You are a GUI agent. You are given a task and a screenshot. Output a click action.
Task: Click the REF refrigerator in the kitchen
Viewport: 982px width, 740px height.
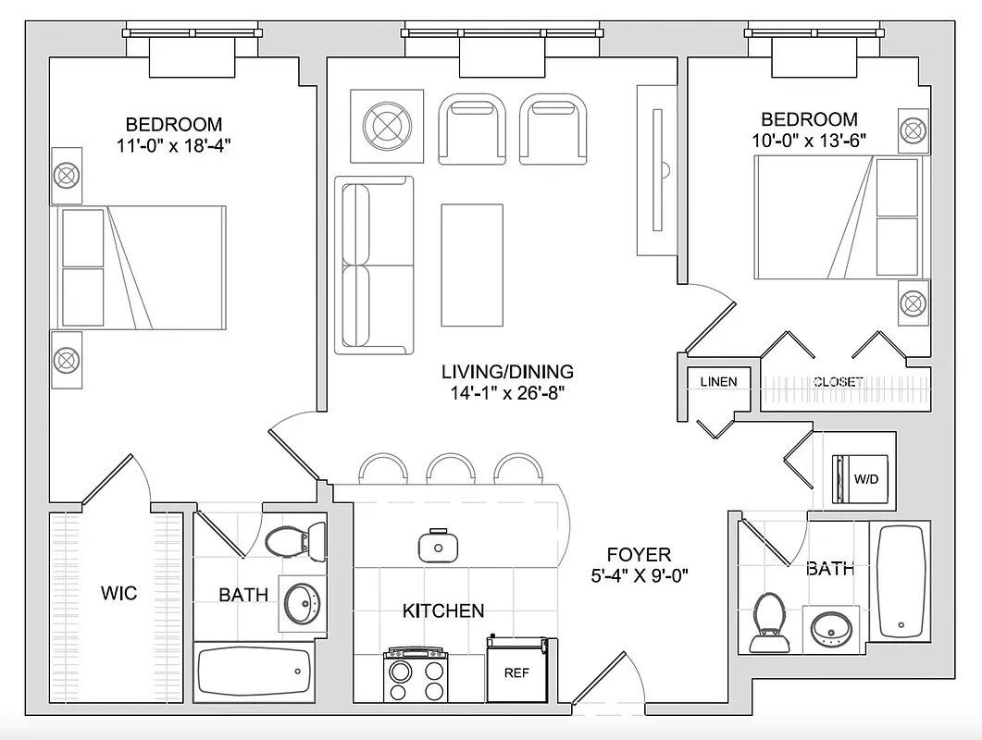[x=516, y=670]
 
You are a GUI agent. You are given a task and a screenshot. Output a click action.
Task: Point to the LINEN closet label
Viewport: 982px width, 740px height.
[x=718, y=381]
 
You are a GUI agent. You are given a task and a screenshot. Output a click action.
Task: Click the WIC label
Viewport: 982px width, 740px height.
[x=118, y=593]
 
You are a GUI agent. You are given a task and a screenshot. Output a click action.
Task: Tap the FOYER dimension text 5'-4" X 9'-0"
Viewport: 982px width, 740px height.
[x=639, y=576]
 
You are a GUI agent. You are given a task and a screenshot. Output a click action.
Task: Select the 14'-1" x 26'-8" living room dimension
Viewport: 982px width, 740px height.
[x=507, y=392]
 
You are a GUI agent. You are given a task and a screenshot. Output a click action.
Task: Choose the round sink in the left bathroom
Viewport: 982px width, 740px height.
[x=301, y=602]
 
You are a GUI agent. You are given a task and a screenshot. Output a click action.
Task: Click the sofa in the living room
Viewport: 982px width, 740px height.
[x=374, y=265]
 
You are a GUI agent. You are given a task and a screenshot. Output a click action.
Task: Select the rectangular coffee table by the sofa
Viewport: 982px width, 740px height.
[x=472, y=265]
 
